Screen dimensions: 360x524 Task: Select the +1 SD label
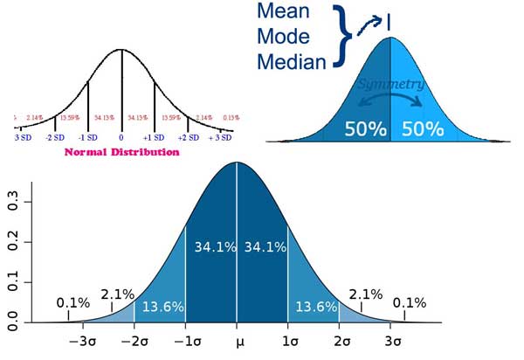(155, 138)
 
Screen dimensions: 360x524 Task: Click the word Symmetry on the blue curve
(390, 85)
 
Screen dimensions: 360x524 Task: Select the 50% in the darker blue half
(366, 128)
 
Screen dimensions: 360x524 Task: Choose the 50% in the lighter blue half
(422, 128)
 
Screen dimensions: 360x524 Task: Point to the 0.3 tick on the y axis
(15, 202)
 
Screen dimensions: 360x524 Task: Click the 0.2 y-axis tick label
(15, 242)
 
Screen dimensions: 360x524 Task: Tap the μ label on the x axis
(236, 342)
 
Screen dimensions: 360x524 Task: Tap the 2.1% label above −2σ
(118, 294)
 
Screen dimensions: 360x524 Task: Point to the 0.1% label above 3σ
(409, 303)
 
